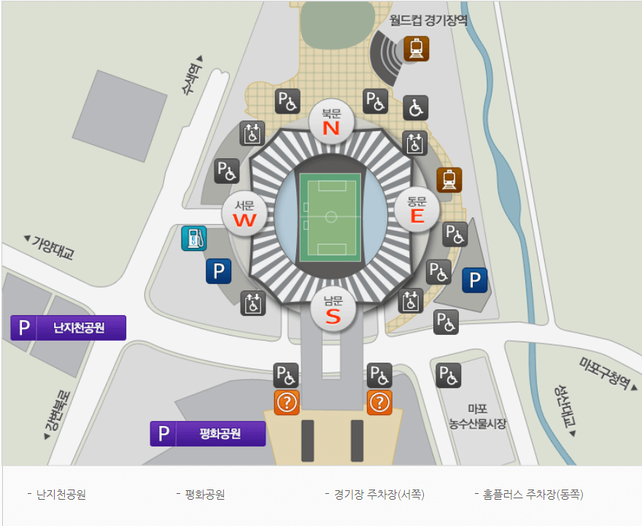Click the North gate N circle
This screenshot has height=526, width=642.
(x=332, y=122)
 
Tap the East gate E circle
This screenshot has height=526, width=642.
(x=417, y=209)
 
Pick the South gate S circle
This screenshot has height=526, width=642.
(x=333, y=309)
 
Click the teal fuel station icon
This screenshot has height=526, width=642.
(x=193, y=238)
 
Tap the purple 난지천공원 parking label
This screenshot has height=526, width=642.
(x=69, y=328)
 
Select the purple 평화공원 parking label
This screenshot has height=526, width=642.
(x=207, y=433)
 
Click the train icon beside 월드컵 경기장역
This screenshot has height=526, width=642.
(x=417, y=48)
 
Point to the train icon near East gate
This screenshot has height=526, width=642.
(x=449, y=179)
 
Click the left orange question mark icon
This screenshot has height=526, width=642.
(x=286, y=402)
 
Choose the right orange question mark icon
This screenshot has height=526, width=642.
(x=379, y=402)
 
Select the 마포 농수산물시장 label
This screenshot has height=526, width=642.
(x=477, y=417)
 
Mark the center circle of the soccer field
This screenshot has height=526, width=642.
(x=331, y=217)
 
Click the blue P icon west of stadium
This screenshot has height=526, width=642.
(x=218, y=271)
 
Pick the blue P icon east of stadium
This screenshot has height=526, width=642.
(x=475, y=280)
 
